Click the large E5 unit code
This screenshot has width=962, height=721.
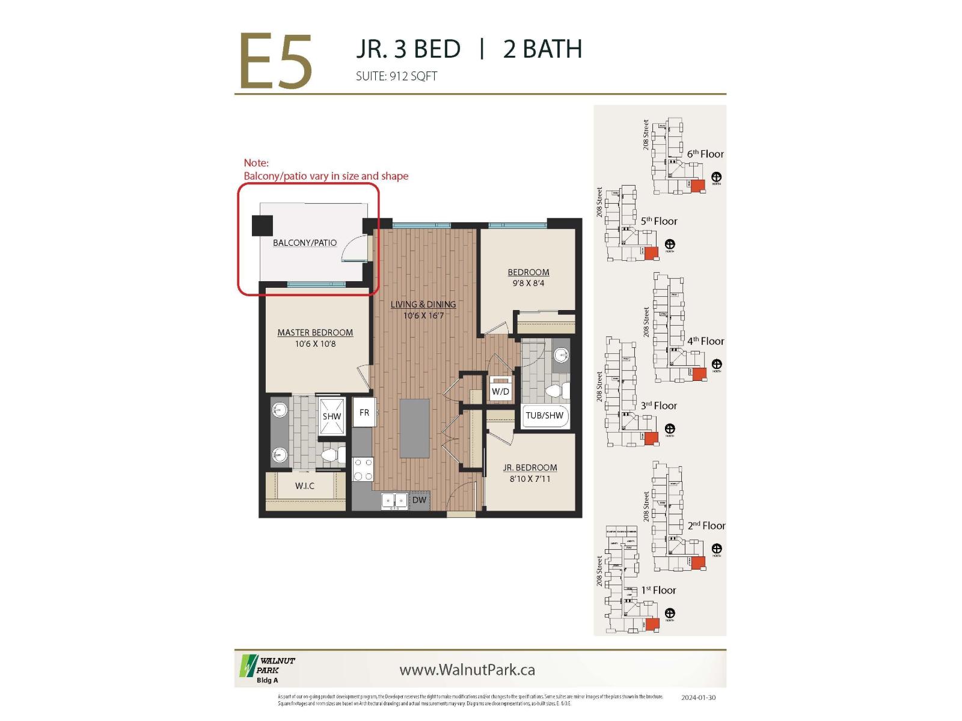pos(275,62)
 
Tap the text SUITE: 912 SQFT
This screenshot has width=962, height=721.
pos(396,76)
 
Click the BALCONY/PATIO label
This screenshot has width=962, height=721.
pos(305,243)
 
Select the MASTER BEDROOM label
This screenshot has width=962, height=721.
pos(315,332)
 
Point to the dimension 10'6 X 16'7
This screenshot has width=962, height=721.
pos(423,315)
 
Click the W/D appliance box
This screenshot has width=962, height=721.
pos(500,391)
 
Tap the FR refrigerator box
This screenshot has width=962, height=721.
pos(364,413)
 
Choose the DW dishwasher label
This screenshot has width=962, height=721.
pos(419,500)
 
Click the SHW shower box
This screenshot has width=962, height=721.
pos(331,416)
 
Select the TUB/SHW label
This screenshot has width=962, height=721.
pos(544,415)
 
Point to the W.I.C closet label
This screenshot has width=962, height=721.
pos(305,485)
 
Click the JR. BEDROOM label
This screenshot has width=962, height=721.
pos(530,467)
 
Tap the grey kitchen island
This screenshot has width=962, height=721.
pos(415,428)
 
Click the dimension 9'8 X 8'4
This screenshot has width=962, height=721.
pos(528,283)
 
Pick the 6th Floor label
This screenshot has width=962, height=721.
pos(705,154)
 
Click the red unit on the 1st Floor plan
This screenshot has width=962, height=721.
pos(652,624)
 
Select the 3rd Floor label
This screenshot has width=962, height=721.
pos(658,406)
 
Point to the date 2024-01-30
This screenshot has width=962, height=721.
pos(698,698)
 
